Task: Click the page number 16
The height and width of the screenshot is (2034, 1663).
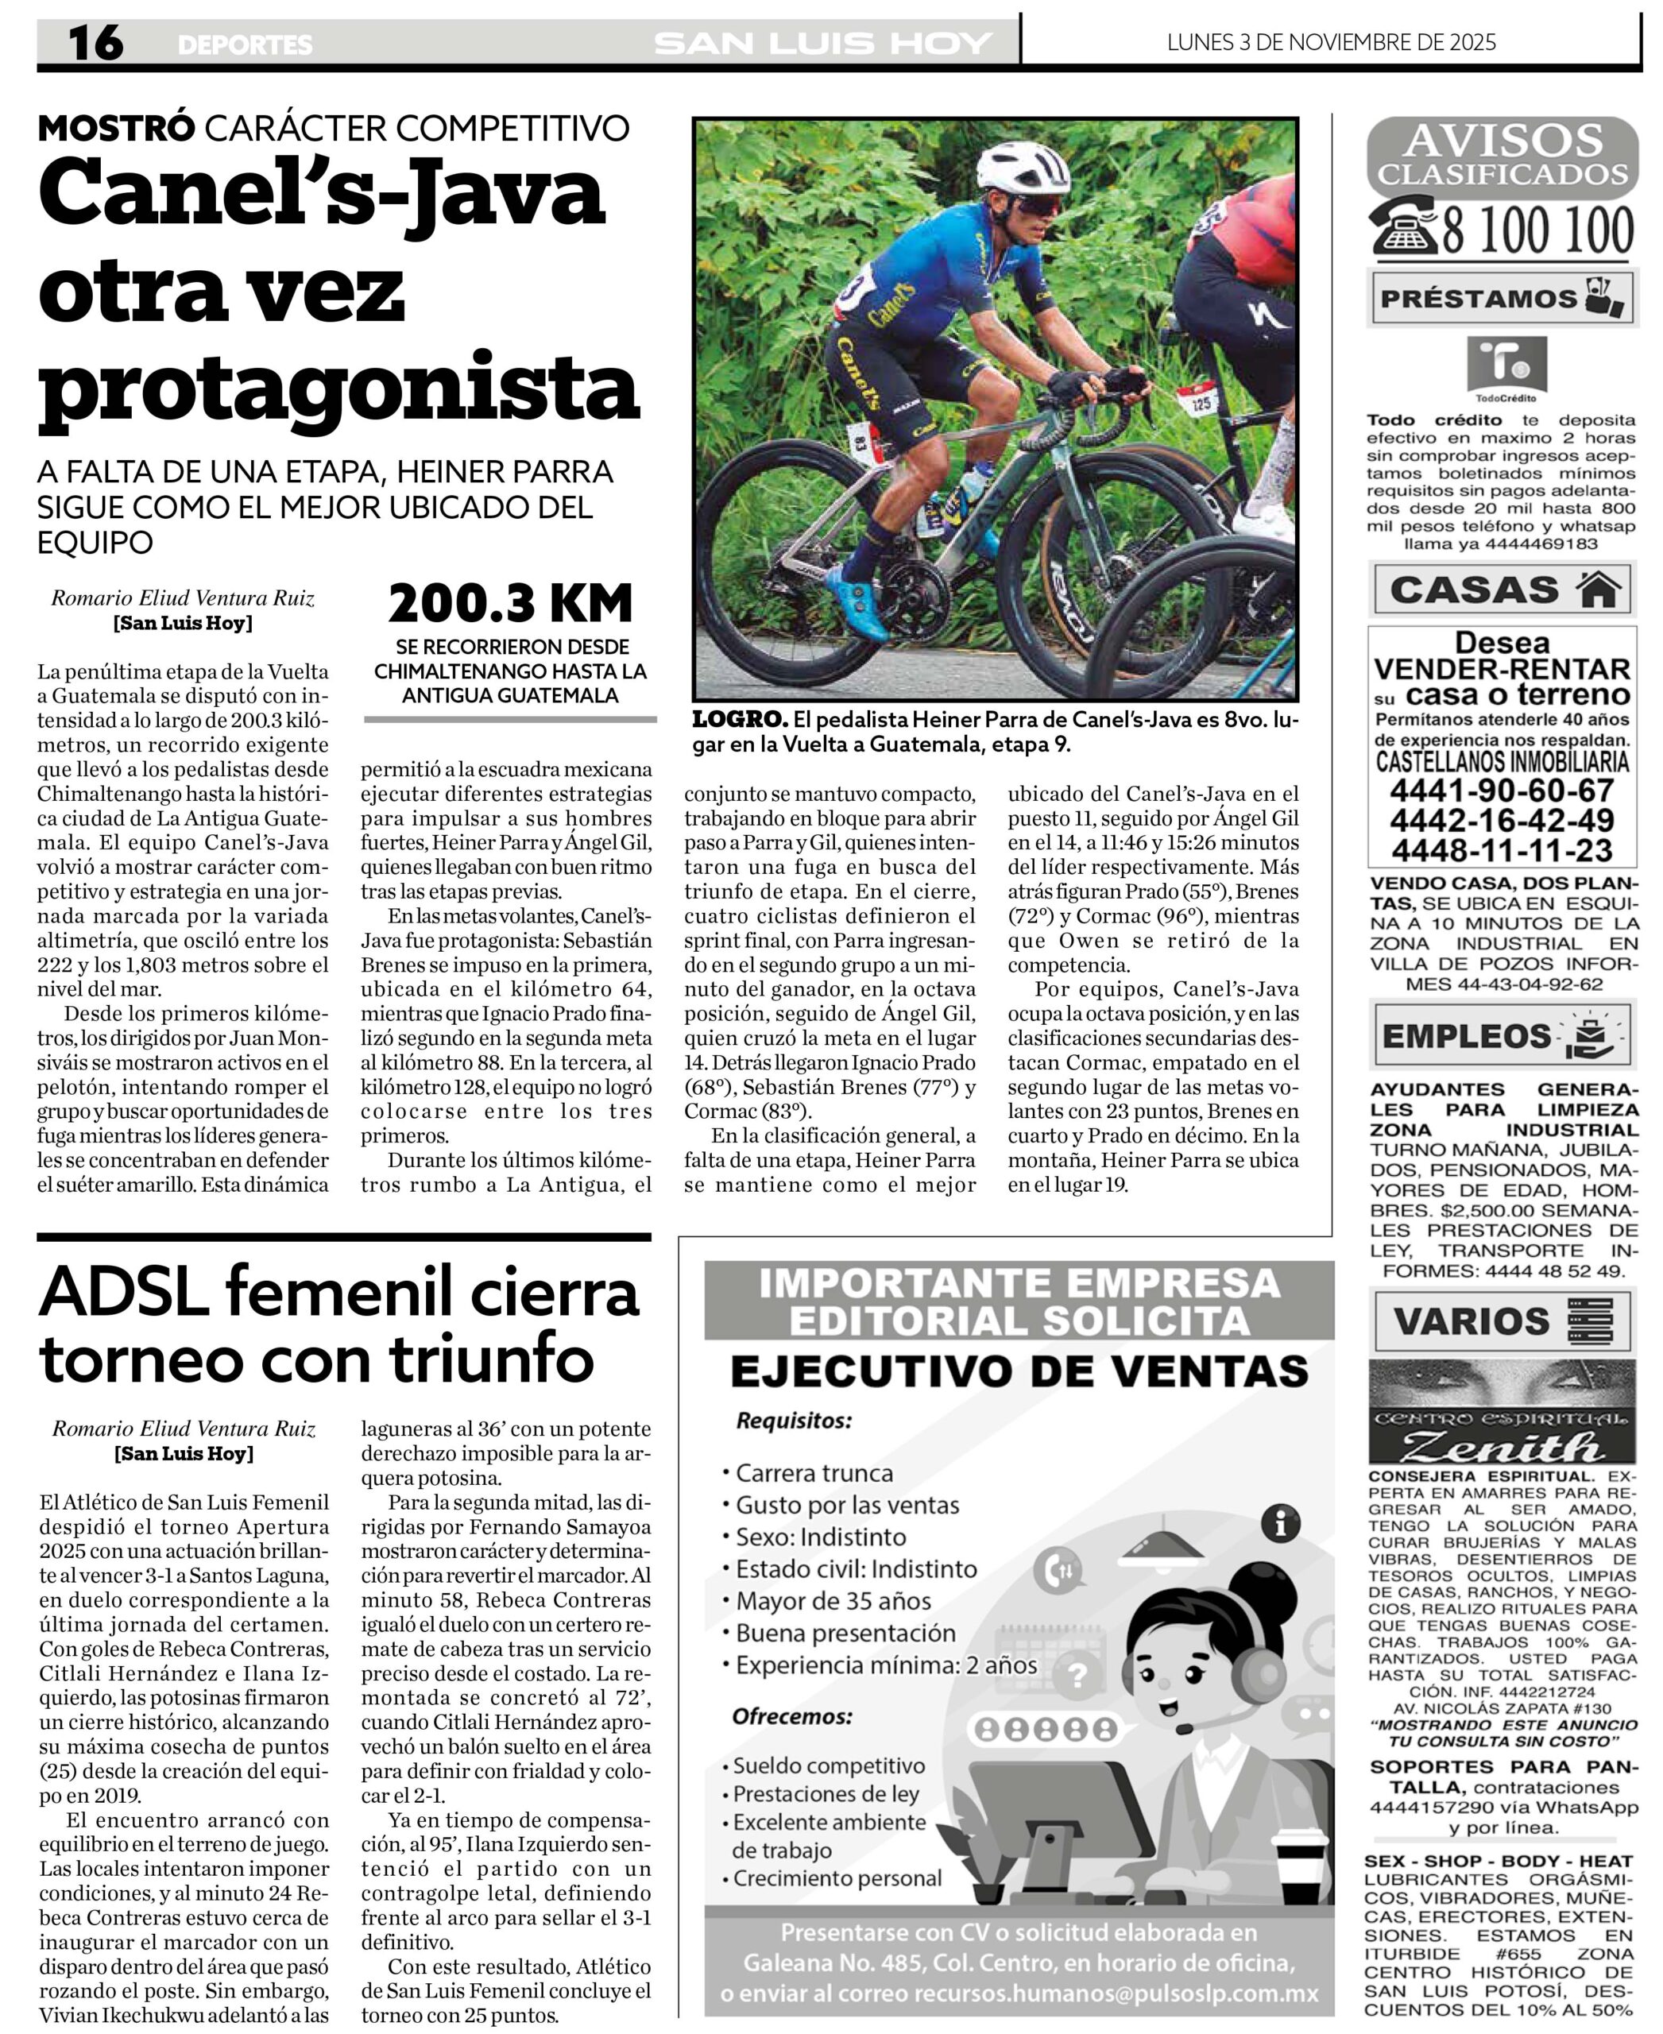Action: (x=96, y=43)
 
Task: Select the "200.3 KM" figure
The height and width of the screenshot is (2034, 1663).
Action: (x=511, y=604)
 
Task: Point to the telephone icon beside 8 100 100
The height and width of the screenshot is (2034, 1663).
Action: (x=1402, y=230)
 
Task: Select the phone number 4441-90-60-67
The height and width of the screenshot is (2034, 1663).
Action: (x=1501, y=791)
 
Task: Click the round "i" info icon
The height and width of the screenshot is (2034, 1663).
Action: (x=1281, y=1522)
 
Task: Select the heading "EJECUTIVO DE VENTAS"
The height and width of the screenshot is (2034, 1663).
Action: (x=1019, y=1372)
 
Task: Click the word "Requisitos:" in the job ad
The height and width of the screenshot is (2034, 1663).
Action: (x=793, y=1421)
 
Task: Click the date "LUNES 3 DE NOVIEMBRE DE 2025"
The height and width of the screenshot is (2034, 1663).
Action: (x=1331, y=42)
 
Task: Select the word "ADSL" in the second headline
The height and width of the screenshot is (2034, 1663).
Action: (x=124, y=1293)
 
